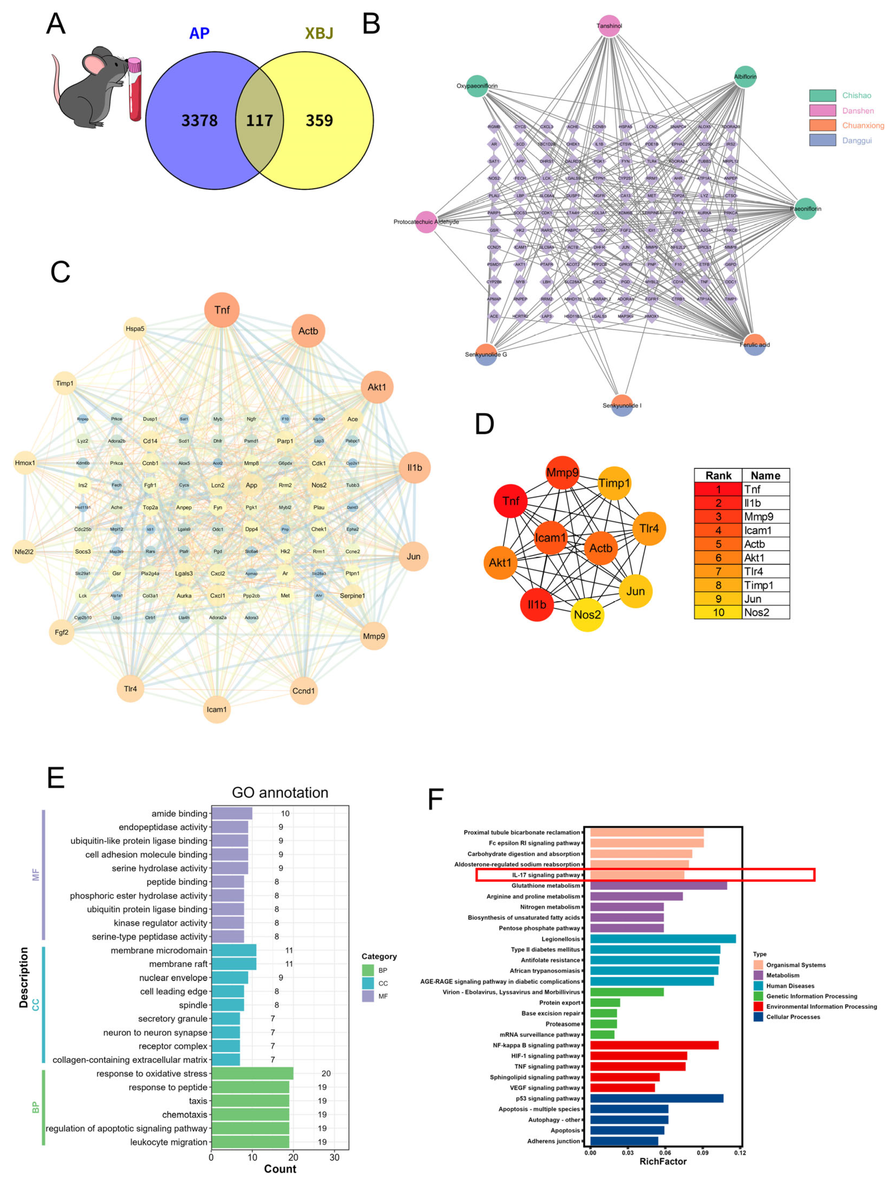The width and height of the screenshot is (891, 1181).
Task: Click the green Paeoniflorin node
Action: (x=806, y=209)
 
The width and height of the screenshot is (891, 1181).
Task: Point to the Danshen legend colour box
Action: (x=822, y=111)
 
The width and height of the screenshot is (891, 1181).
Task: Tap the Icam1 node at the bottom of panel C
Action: (x=217, y=710)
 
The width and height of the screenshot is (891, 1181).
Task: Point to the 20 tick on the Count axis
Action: (x=293, y=1157)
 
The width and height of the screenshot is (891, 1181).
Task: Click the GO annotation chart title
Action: (x=280, y=793)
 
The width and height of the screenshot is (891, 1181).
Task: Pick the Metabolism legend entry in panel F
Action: (x=782, y=976)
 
